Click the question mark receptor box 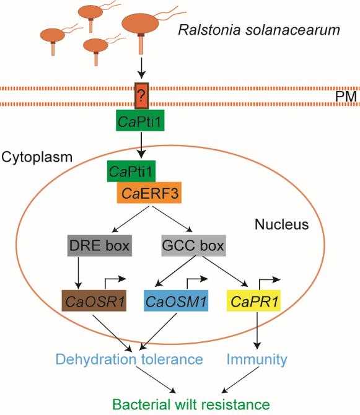click(x=142, y=95)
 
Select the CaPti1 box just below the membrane click(x=140, y=120)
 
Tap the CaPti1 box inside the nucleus click(x=131, y=171)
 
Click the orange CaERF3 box click(x=149, y=193)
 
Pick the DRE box click(x=100, y=245)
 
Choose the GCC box click(x=193, y=245)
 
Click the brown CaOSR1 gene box click(x=94, y=300)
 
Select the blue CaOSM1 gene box click(x=176, y=300)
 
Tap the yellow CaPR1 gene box click(x=254, y=300)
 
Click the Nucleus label click(x=282, y=224)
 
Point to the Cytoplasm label click(x=37, y=157)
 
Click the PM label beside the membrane click(x=346, y=97)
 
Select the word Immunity click(x=257, y=359)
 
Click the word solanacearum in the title click(x=292, y=30)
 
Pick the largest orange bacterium click(x=140, y=24)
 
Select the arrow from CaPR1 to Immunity click(x=257, y=331)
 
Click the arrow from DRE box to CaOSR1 click(x=78, y=273)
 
